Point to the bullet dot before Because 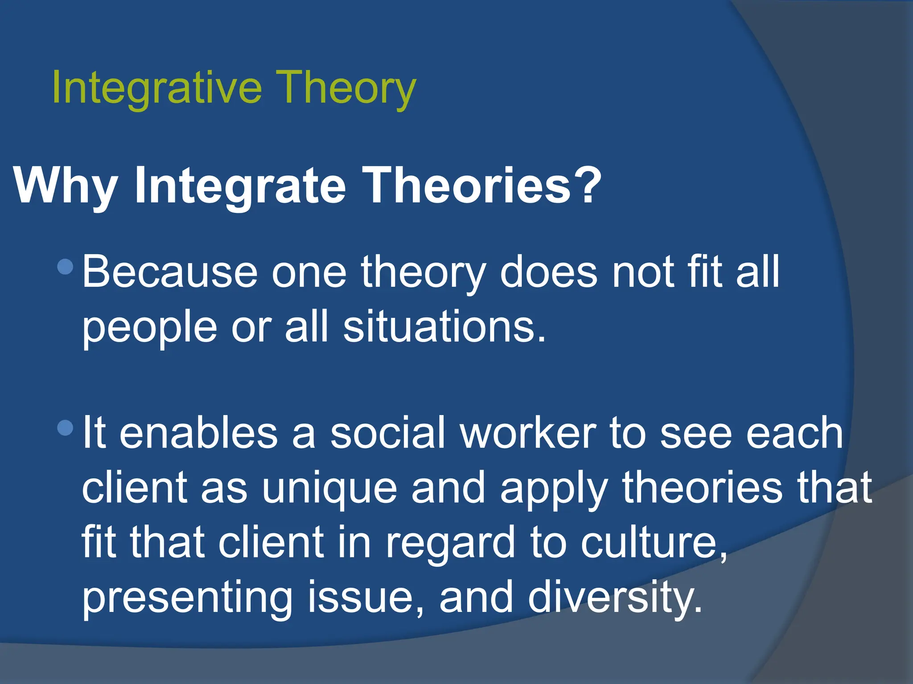click(66, 267)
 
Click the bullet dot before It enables click(66, 428)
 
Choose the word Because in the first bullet click(170, 272)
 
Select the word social click(388, 433)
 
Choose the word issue click(361, 597)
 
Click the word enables click(198, 433)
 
